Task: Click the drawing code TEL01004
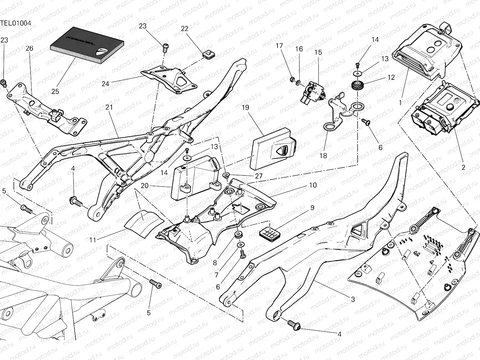pyautogui.click(x=16, y=23)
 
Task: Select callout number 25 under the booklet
pyautogui.click(x=55, y=91)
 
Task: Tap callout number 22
pyautogui.click(x=184, y=28)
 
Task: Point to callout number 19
pyautogui.click(x=245, y=107)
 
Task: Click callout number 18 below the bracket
pyautogui.click(x=323, y=156)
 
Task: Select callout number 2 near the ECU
pyautogui.click(x=463, y=168)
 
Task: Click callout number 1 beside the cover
pyautogui.click(x=400, y=103)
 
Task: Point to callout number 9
pyautogui.click(x=312, y=208)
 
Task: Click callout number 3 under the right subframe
pyautogui.click(x=353, y=299)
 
